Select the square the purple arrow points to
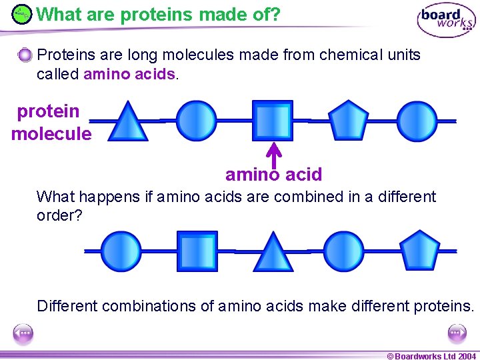pyautogui.click(x=272, y=121)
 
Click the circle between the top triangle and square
pyautogui.click(x=197, y=121)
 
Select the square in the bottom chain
pyautogui.click(x=197, y=251)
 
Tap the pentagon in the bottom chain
pyautogui.click(x=421, y=251)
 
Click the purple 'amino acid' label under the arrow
pyautogui.click(x=273, y=175)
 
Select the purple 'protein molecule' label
pyautogui.click(x=51, y=123)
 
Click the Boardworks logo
pyautogui.click(x=446, y=19)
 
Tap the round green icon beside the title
pyautogui.click(x=22, y=14)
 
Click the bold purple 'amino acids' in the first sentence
pyautogui.click(x=130, y=74)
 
